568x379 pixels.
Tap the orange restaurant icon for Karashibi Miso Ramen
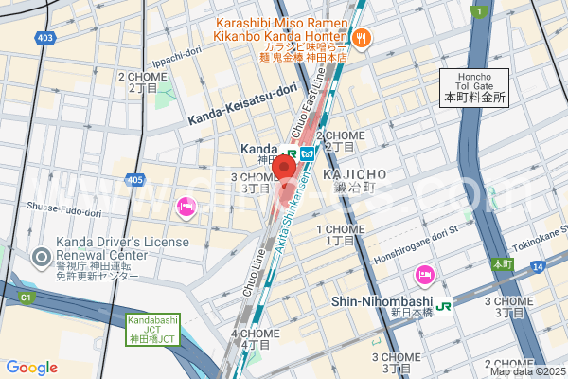click(363, 39)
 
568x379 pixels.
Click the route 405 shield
click(134, 179)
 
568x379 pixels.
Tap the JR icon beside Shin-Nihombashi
click(443, 304)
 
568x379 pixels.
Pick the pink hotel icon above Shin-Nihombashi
click(424, 276)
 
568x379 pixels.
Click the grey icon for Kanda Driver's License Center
click(41, 257)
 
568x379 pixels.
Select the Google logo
click(31, 368)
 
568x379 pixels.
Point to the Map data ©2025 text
click(526, 371)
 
